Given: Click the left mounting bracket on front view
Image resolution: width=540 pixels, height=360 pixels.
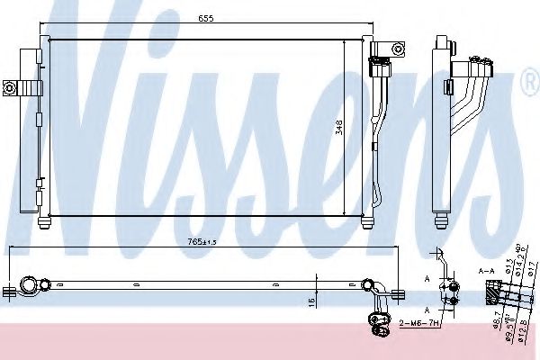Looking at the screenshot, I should pos(22,87).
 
